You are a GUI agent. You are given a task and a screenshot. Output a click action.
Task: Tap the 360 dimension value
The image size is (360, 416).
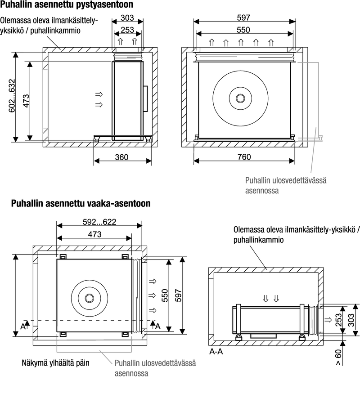point(121,157)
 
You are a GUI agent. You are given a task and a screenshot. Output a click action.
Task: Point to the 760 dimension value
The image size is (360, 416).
point(243,157)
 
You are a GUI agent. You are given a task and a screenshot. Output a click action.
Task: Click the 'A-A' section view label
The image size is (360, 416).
point(216,352)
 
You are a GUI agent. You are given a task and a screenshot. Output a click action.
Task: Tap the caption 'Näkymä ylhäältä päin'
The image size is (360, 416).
point(56,362)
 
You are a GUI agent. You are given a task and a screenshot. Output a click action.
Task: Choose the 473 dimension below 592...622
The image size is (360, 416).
point(94,234)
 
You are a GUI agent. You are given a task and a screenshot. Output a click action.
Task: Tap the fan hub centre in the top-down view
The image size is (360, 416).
point(89,298)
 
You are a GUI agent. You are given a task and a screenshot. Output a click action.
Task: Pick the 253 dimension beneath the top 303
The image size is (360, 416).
point(127,31)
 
